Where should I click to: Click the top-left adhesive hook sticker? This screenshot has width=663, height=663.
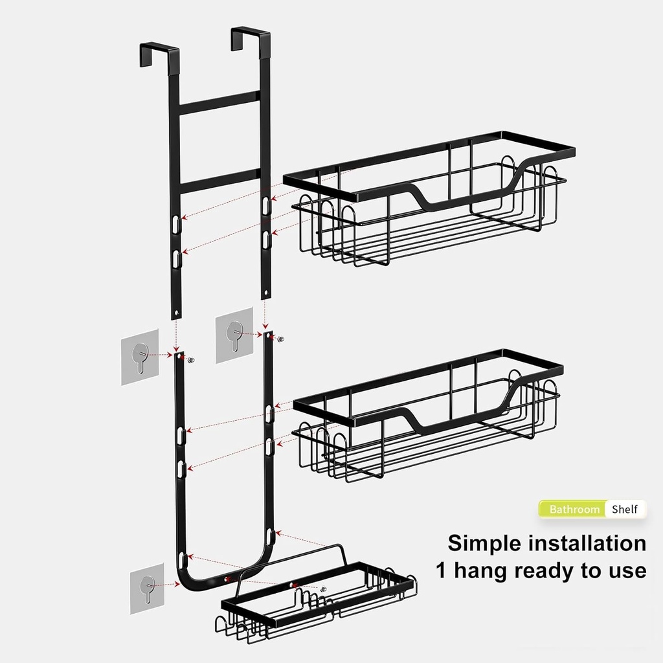coord(140,357)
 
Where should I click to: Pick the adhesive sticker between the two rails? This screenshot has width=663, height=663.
coord(234,335)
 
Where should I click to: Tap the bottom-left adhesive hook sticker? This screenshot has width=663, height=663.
coord(148,588)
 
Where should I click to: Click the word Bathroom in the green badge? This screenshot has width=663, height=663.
coord(574,509)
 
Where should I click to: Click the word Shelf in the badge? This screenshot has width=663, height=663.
coord(625,509)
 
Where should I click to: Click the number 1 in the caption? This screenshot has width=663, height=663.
coord(441,570)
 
